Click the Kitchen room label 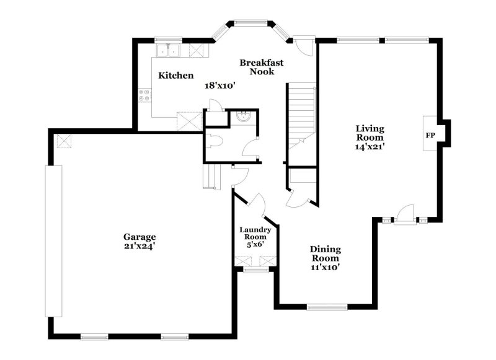[x=176, y=76]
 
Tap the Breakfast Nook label [x=262, y=67]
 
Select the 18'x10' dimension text [x=221, y=86]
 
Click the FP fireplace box [x=430, y=134]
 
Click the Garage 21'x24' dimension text [x=139, y=246]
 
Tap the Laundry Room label [x=254, y=233]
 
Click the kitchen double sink [x=167, y=51]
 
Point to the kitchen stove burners [x=144, y=95]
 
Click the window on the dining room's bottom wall [x=327, y=306]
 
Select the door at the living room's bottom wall [x=404, y=216]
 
